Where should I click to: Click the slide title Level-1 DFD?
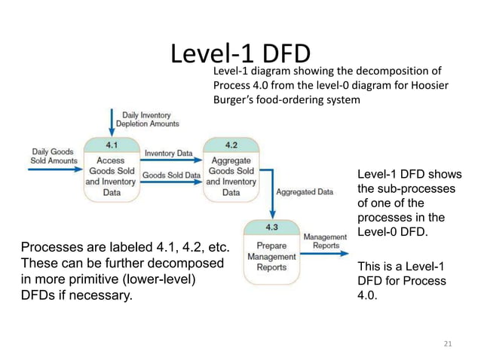coord(240,54)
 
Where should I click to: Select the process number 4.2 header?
coord(231,143)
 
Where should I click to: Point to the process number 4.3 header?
coord(271,227)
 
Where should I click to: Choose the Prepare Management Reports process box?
coord(271,256)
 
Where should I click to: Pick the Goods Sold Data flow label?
coord(171,175)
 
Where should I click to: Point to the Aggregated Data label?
coord(305,192)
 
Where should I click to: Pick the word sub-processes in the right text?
coord(406,188)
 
